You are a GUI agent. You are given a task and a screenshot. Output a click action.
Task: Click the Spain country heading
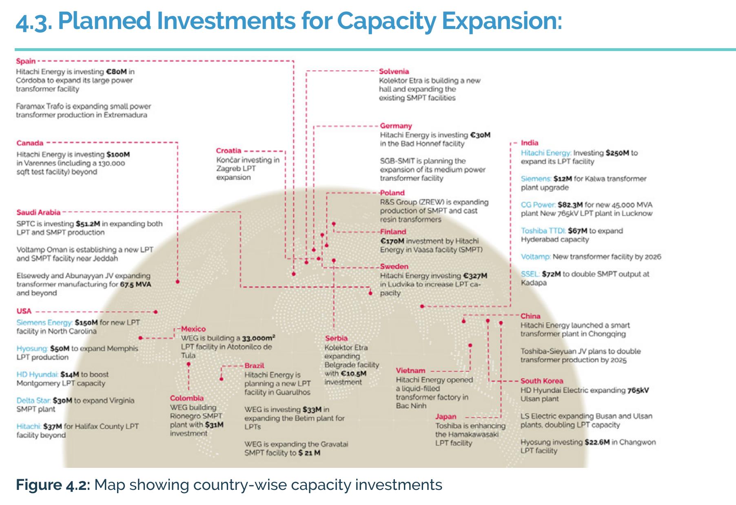[x=26, y=61]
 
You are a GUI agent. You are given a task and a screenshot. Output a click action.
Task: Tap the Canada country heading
[x=30, y=143]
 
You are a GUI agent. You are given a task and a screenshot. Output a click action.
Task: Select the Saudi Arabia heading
[x=38, y=212]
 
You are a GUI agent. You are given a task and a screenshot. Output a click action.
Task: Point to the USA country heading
[x=24, y=311]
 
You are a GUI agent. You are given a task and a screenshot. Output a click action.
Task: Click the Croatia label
[x=228, y=151]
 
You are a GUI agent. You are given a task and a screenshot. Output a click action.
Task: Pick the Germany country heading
[x=396, y=126]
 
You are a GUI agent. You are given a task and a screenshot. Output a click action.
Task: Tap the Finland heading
[x=393, y=232]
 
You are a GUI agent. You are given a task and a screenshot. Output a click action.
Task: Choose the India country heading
[x=530, y=143]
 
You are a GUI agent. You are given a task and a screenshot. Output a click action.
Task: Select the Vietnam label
[x=410, y=371]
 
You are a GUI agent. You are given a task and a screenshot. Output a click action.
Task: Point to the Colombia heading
[x=186, y=398]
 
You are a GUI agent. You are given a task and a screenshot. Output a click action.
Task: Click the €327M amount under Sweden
[x=475, y=276]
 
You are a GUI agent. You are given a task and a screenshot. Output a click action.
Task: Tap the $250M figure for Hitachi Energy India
[x=617, y=153]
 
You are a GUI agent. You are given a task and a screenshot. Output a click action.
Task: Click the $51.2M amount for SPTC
[x=88, y=224]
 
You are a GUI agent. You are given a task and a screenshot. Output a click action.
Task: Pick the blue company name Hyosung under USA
[x=32, y=349]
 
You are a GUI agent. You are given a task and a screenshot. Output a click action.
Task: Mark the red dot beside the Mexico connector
[x=140, y=338]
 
